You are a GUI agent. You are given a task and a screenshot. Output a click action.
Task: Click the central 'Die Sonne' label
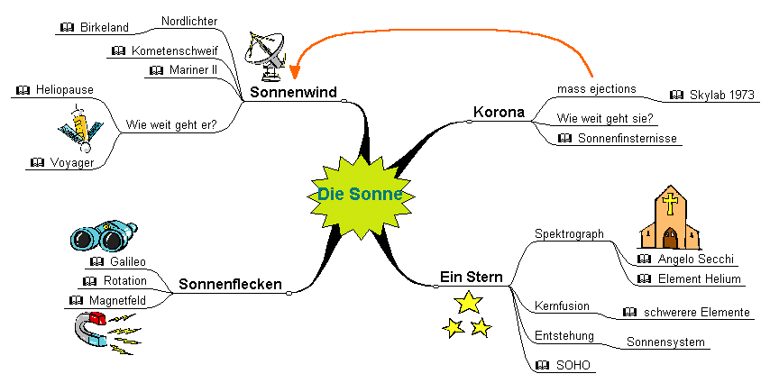point(360,194)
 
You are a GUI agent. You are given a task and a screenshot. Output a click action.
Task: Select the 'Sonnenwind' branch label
point(294,92)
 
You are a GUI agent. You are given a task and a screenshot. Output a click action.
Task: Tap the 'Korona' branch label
point(499,113)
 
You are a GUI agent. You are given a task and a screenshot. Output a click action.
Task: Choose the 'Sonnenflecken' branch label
point(230,285)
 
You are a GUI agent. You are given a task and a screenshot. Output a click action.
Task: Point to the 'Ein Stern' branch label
point(471,277)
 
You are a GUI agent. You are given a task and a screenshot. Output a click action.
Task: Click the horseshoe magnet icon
point(95,329)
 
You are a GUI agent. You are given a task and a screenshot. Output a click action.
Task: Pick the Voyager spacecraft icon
point(80,127)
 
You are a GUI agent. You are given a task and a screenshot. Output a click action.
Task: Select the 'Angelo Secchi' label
point(695,259)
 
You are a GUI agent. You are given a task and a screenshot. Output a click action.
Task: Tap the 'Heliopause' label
point(65,90)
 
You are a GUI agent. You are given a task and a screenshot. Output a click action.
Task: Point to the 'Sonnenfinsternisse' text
point(627,138)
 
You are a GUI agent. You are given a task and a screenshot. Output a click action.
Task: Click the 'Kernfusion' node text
point(562,306)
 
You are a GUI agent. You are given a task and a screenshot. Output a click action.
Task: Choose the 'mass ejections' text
point(596,89)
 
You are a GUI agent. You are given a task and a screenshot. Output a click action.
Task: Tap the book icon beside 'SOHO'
point(542,365)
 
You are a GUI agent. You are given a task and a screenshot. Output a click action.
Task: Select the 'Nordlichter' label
point(189,21)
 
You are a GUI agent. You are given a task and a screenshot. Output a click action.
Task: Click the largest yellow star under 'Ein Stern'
point(468,302)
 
